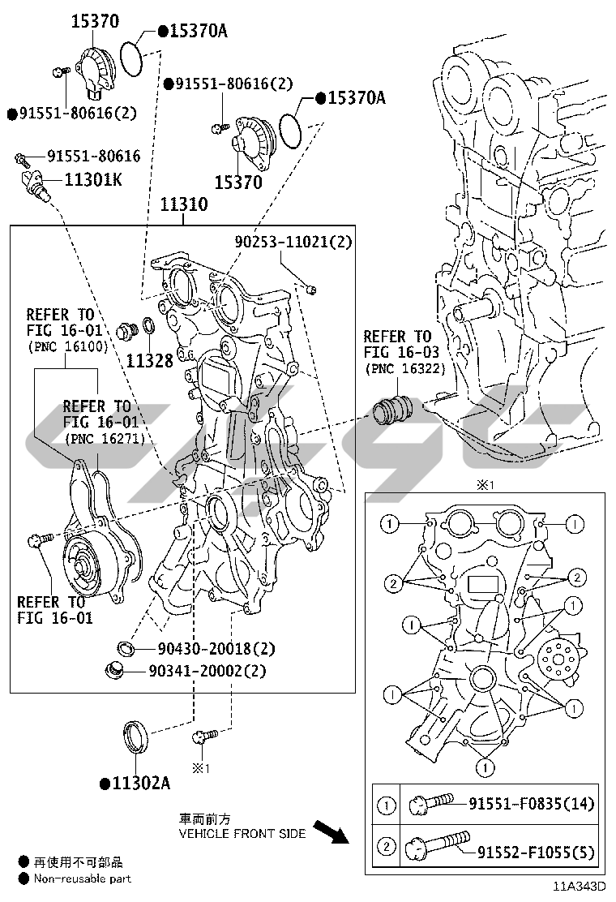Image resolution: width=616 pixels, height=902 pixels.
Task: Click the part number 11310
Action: [x=182, y=204]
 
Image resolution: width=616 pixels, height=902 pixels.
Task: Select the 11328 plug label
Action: [x=149, y=359]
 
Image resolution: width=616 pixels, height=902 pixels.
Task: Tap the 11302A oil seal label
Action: [x=139, y=783]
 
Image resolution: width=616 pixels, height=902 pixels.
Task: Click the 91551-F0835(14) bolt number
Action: [x=531, y=804]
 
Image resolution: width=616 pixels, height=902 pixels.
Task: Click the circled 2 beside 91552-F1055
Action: [x=387, y=847]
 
